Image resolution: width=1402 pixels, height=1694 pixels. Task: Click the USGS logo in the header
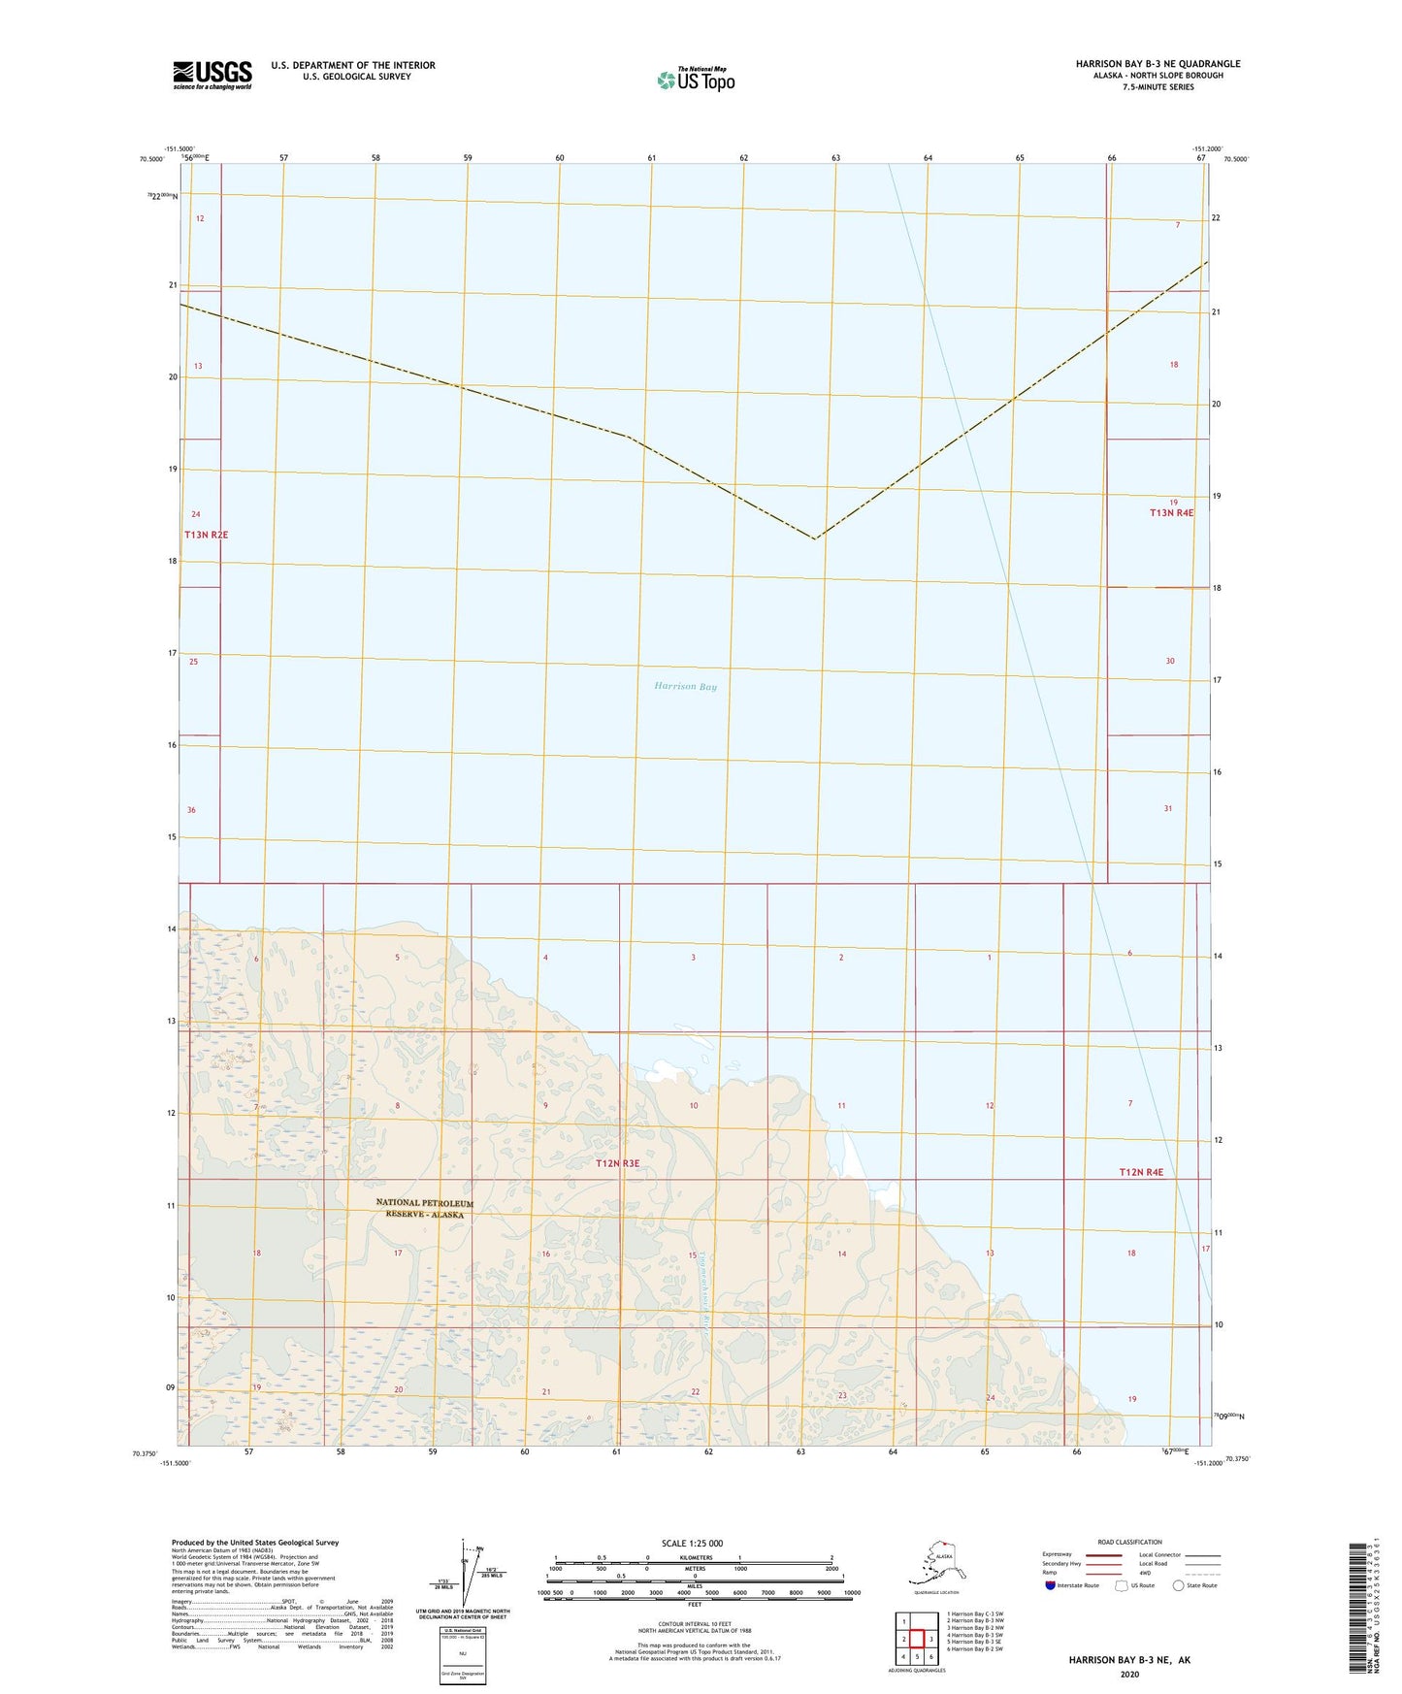212,75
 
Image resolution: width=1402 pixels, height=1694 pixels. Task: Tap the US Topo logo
695,80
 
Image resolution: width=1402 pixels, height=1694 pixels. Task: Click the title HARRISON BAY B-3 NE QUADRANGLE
1157,64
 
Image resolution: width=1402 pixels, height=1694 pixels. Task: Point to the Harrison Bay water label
685,687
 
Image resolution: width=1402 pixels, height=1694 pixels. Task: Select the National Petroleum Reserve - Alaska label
425,1209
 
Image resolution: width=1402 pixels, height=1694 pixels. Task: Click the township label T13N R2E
206,535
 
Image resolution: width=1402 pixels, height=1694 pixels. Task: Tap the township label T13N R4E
1171,513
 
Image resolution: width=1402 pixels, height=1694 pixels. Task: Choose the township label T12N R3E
617,1163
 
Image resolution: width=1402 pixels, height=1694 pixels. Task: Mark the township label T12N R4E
1141,1173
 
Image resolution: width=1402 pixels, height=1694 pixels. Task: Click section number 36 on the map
191,810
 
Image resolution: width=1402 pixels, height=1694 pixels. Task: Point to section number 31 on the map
1168,808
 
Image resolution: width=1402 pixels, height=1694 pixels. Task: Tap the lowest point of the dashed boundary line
816,538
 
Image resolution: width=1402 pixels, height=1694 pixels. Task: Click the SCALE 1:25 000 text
692,1544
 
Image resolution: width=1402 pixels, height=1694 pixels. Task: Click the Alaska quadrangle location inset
935,1564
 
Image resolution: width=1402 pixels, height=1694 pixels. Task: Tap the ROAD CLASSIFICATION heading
1129,1542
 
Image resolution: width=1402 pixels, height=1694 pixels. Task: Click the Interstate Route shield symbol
1050,1585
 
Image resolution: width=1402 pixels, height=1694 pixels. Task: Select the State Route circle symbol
1179,1585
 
